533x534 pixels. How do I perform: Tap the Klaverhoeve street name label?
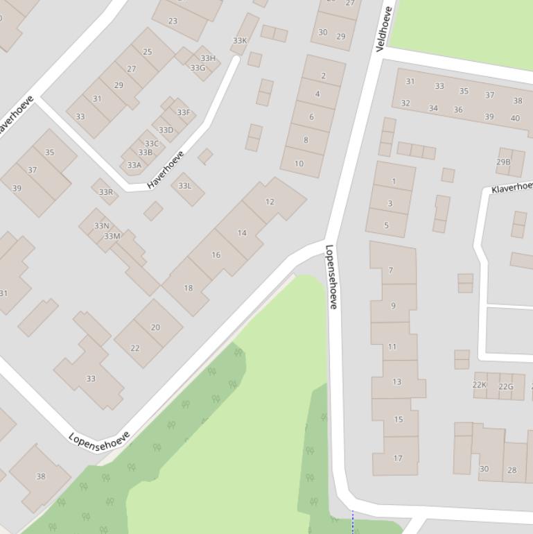pos(512,187)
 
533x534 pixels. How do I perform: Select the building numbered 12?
pos(270,202)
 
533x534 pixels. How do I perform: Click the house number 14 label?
pos(242,233)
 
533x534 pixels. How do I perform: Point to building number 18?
pos(188,288)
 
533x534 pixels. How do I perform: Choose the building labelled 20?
pos(155,327)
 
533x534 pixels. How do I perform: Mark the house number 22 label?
pos(134,348)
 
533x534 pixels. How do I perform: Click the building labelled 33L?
pos(184,186)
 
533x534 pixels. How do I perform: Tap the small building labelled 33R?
pos(105,192)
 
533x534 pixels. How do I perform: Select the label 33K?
pos(239,41)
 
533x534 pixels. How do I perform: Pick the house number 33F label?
pos(183,112)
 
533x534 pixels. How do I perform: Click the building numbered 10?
pos(299,164)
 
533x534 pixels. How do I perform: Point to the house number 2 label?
pos(323,76)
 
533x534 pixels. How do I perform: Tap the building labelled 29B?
pos(503,162)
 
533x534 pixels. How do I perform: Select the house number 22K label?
pos(480,385)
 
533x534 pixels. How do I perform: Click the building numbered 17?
pos(397,458)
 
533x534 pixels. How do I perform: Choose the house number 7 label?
pos(391,270)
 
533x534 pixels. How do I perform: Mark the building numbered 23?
pos(173,21)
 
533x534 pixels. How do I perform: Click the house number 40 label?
pos(515,118)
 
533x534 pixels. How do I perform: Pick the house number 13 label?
pos(396,381)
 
